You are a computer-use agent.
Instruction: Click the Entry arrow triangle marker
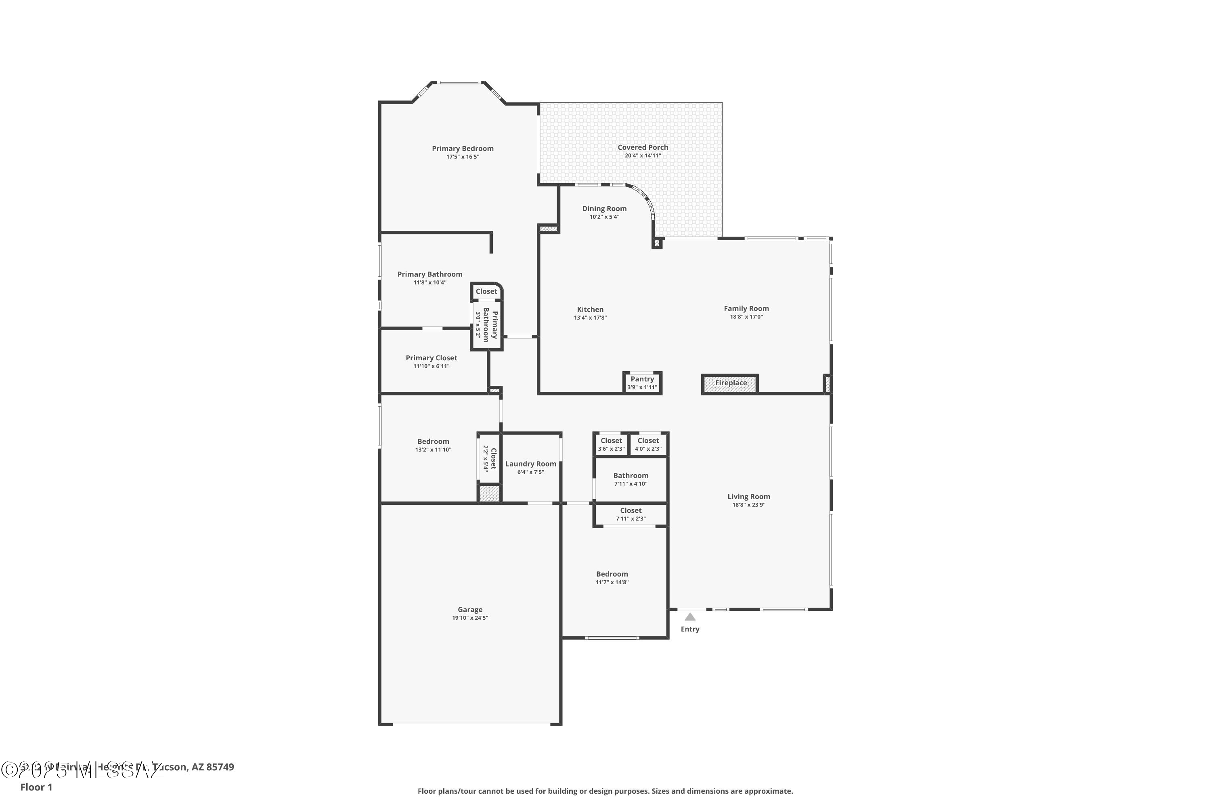(690, 617)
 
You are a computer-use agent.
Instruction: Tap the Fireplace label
(731, 383)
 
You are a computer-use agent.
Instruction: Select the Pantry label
(642, 379)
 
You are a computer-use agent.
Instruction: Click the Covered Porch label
(643, 148)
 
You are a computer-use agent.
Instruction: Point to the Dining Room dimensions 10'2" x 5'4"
(604, 217)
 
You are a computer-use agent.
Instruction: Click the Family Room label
(746, 309)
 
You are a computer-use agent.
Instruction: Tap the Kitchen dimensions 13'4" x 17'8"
(590, 318)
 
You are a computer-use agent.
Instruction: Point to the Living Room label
(749, 497)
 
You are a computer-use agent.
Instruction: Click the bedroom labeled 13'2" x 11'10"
(433, 441)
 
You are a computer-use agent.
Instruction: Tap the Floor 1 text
(36, 787)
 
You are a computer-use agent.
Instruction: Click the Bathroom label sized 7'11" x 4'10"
(630, 476)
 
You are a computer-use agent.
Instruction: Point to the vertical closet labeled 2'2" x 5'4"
(489, 458)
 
